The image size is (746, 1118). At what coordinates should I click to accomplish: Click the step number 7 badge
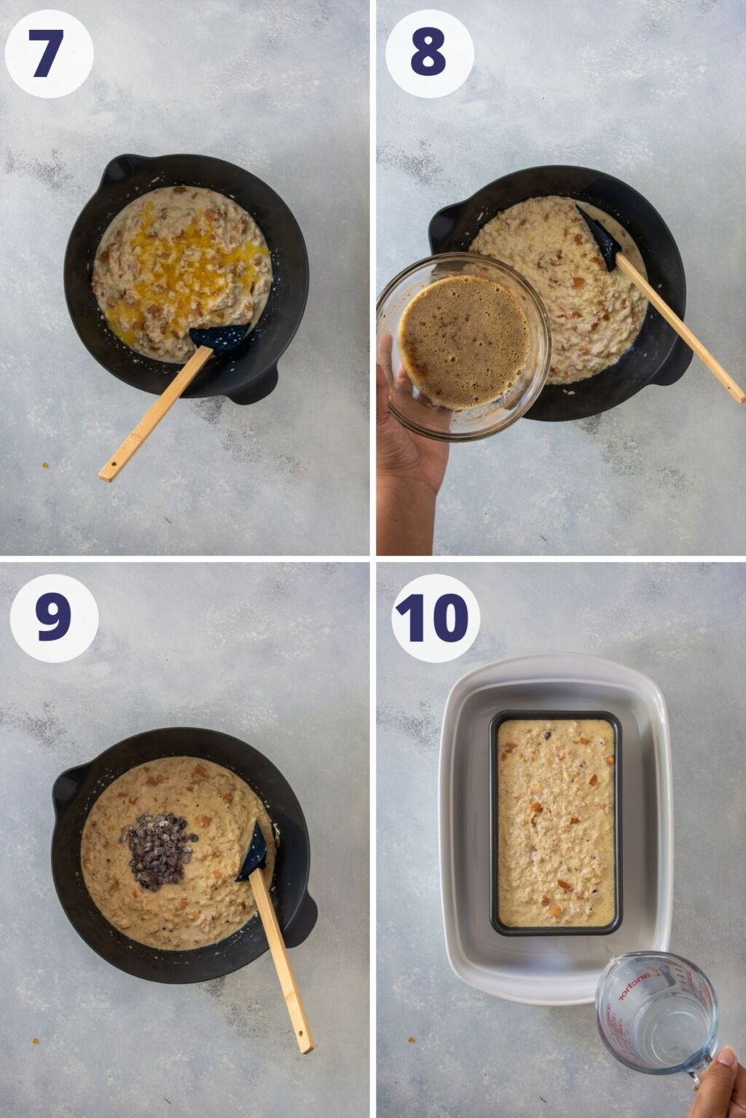49,54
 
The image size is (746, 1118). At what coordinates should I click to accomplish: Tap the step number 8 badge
429,54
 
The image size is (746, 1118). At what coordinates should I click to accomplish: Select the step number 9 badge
54,618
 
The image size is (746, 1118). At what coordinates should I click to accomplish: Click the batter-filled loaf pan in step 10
556,822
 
